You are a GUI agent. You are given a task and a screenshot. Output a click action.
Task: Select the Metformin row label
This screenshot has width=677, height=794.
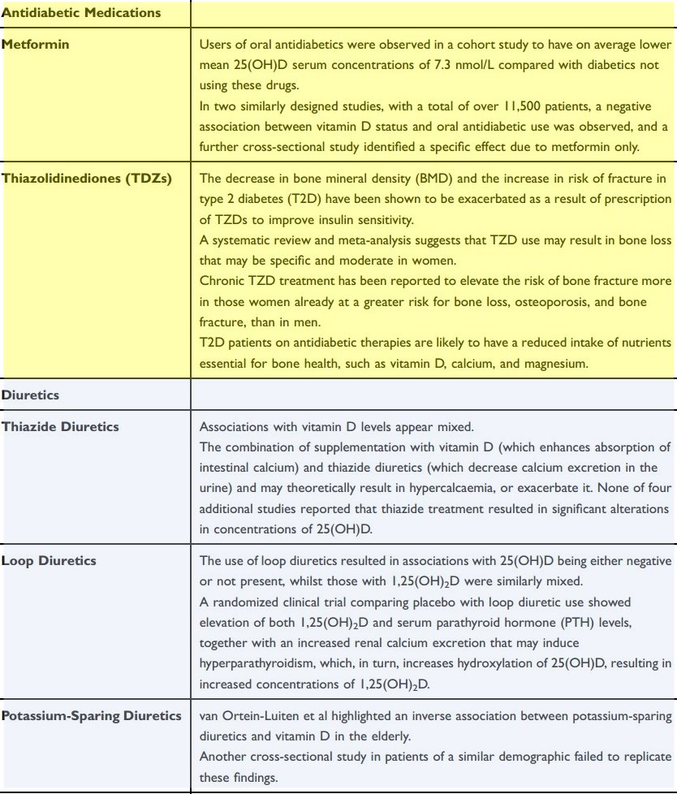(x=35, y=45)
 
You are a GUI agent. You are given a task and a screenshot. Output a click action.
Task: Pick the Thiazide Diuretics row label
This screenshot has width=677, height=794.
(x=60, y=426)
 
